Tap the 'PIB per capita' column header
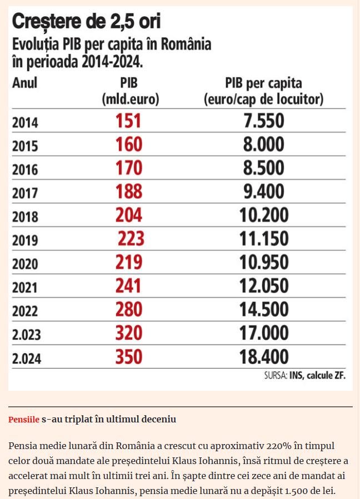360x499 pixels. [263, 83]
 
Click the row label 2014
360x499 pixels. [25, 123]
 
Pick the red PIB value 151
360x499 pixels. [129, 121]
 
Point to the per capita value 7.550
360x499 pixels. [263, 121]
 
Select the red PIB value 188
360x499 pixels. [129, 191]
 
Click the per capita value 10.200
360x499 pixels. [263, 215]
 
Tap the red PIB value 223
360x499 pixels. [131, 239]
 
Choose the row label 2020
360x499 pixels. [25, 264]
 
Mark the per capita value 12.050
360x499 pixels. [263, 285]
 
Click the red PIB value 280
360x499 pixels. [129, 309]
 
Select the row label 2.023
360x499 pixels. [27, 335]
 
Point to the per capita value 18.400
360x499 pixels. [263, 356]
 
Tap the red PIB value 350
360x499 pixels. [129, 356]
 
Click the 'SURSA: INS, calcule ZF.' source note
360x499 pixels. [305, 375]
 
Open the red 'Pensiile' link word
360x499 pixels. [24, 420]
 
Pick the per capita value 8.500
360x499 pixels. [263, 168]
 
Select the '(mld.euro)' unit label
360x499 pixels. [129, 100]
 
